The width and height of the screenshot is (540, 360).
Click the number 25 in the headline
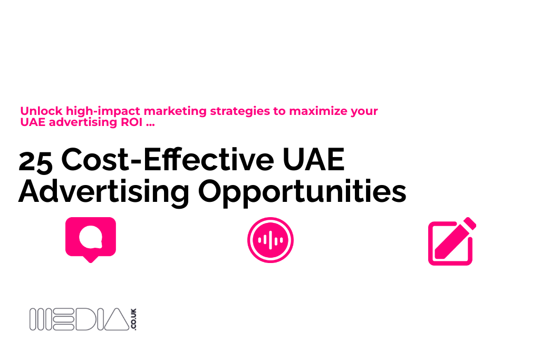(x=35, y=161)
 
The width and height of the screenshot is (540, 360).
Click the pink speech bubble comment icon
(x=91, y=239)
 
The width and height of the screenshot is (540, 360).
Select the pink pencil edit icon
(x=451, y=241)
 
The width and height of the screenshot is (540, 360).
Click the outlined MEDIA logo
(x=79, y=319)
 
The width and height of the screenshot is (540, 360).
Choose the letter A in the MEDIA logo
(x=115, y=319)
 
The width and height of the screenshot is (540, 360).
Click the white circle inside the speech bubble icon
(x=91, y=237)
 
